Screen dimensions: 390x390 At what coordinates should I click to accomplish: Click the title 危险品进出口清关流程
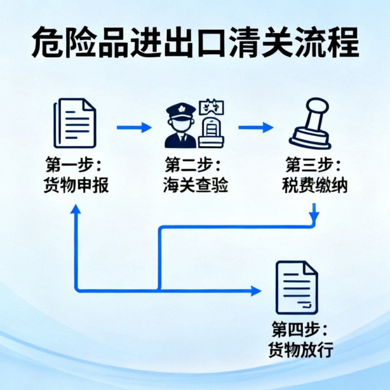pyautogui.click(x=195, y=42)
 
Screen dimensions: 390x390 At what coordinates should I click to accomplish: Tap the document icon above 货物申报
pyautogui.click(x=75, y=123)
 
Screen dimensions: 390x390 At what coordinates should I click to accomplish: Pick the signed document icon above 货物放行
pyautogui.click(x=297, y=288)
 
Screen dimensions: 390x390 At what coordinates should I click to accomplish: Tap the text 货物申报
pyautogui.click(x=76, y=185)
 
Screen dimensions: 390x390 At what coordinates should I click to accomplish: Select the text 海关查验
pyautogui.click(x=196, y=185)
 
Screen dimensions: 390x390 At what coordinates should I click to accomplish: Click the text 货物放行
pyautogui.click(x=301, y=350)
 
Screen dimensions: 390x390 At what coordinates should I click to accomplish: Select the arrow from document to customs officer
pyautogui.click(x=134, y=127)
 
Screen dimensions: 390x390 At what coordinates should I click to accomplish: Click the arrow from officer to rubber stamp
pyautogui.click(x=256, y=127)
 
